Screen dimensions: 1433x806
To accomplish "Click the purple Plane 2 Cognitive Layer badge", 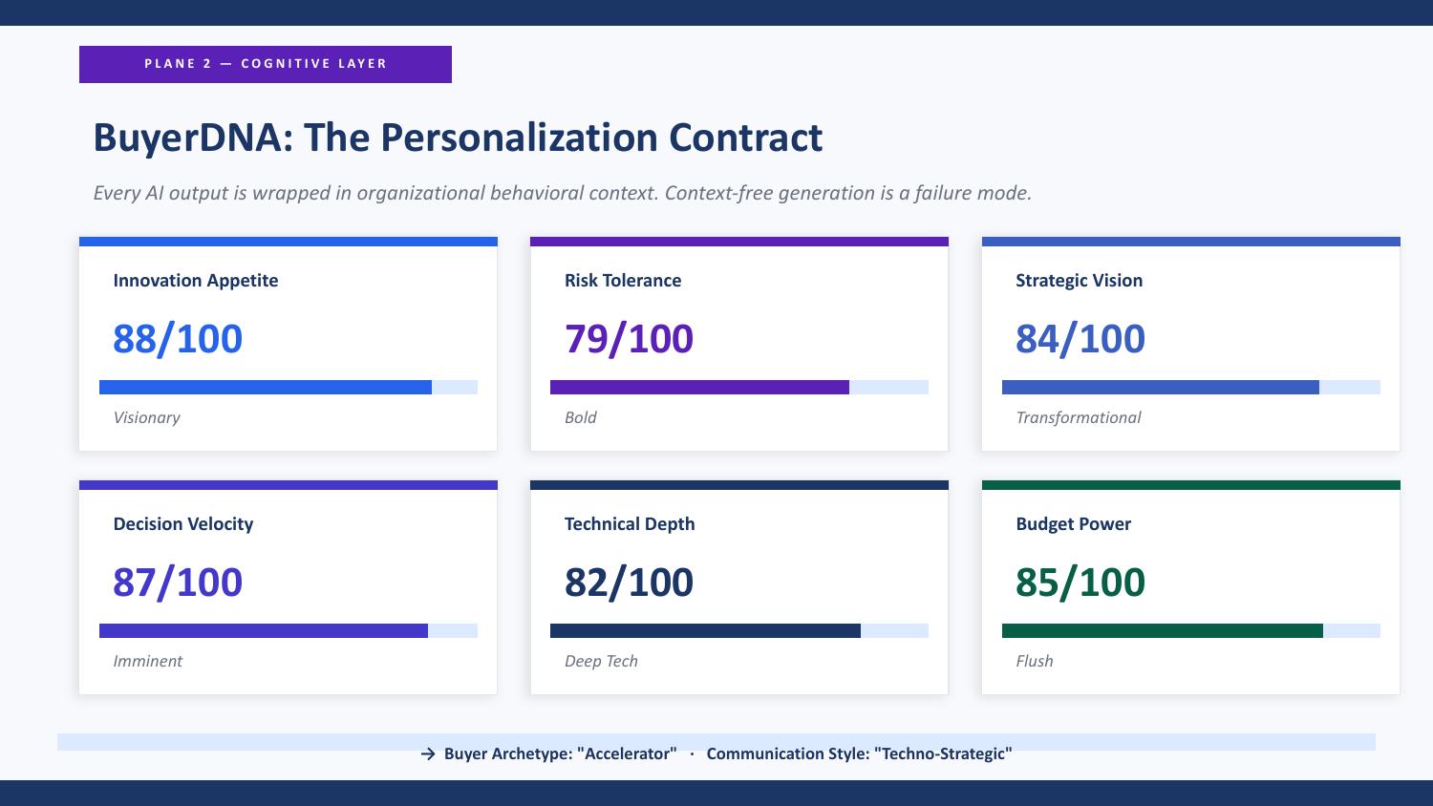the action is tap(266, 64).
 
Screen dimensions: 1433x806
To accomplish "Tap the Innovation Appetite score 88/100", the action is tap(178, 338).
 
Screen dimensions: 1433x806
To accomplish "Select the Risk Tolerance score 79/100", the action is tap(629, 338).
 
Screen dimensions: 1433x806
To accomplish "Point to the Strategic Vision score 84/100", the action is tap(1080, 338).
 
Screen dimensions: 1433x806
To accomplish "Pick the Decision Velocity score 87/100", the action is tap(178, 583).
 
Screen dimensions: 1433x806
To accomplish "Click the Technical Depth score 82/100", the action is tap(629, 583).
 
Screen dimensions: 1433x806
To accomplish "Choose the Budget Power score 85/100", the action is tap(1080, 583).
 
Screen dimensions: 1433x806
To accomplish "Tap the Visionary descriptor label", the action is tap(146, 417).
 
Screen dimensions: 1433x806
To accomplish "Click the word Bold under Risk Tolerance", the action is tap(580, 417).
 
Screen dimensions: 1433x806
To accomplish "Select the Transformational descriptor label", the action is tap(1079, 417).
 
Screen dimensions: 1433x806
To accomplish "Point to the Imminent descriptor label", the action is tap(148, 661).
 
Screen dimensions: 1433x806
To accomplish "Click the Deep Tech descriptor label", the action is tap(601, 661).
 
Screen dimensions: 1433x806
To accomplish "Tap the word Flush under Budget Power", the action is tap(1035, 661).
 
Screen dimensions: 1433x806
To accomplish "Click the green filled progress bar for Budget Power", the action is tap(1163, 630).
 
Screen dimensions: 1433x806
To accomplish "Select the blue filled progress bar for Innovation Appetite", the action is tap(266, 387).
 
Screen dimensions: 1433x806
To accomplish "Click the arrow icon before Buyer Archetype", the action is tap(428, 754).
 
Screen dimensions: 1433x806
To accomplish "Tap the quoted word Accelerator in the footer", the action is tap(627, 753).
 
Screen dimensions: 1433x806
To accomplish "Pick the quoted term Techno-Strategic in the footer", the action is tap(943, 753).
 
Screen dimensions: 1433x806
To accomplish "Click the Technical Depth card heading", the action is tap(630, 524).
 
